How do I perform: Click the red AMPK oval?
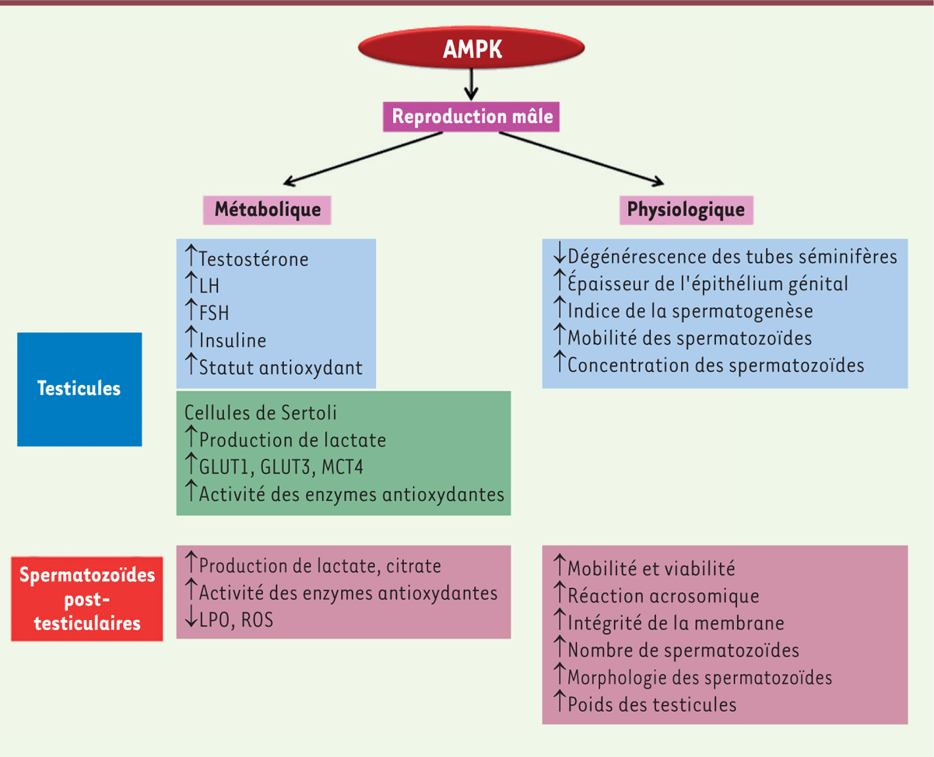pos(472,49)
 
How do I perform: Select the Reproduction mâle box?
pos(472,117)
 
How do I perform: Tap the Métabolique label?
pos(267,209)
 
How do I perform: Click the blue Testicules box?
pos(79,389)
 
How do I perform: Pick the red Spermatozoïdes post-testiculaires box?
pos(87,598)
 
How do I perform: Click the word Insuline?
pos(233,340)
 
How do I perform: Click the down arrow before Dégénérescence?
pos(559,255)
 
